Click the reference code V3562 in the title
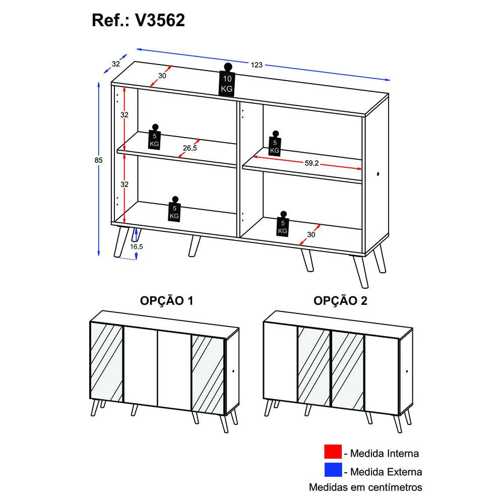coord(160,20)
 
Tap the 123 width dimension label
coord(257,65)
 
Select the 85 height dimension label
coord(98,160)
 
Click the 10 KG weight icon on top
coord(227,80)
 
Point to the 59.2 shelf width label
coord(311,163)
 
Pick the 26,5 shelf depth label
coord(190,148)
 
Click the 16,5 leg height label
coord(136,246)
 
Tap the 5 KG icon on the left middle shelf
coord(154,137)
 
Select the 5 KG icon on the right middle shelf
coord(275,143)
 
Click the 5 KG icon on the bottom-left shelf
coord(174,209)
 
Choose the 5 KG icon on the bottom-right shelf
coord(283,224)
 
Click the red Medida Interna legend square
coord(333,452)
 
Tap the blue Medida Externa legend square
coord(333,470)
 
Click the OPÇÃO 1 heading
coord(166,300)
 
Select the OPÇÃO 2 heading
coord(340,300)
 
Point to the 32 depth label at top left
coord(116,64)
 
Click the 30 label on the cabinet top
coord(162,76)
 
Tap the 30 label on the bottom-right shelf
coord(311,235)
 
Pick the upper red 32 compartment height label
coord(124,115)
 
